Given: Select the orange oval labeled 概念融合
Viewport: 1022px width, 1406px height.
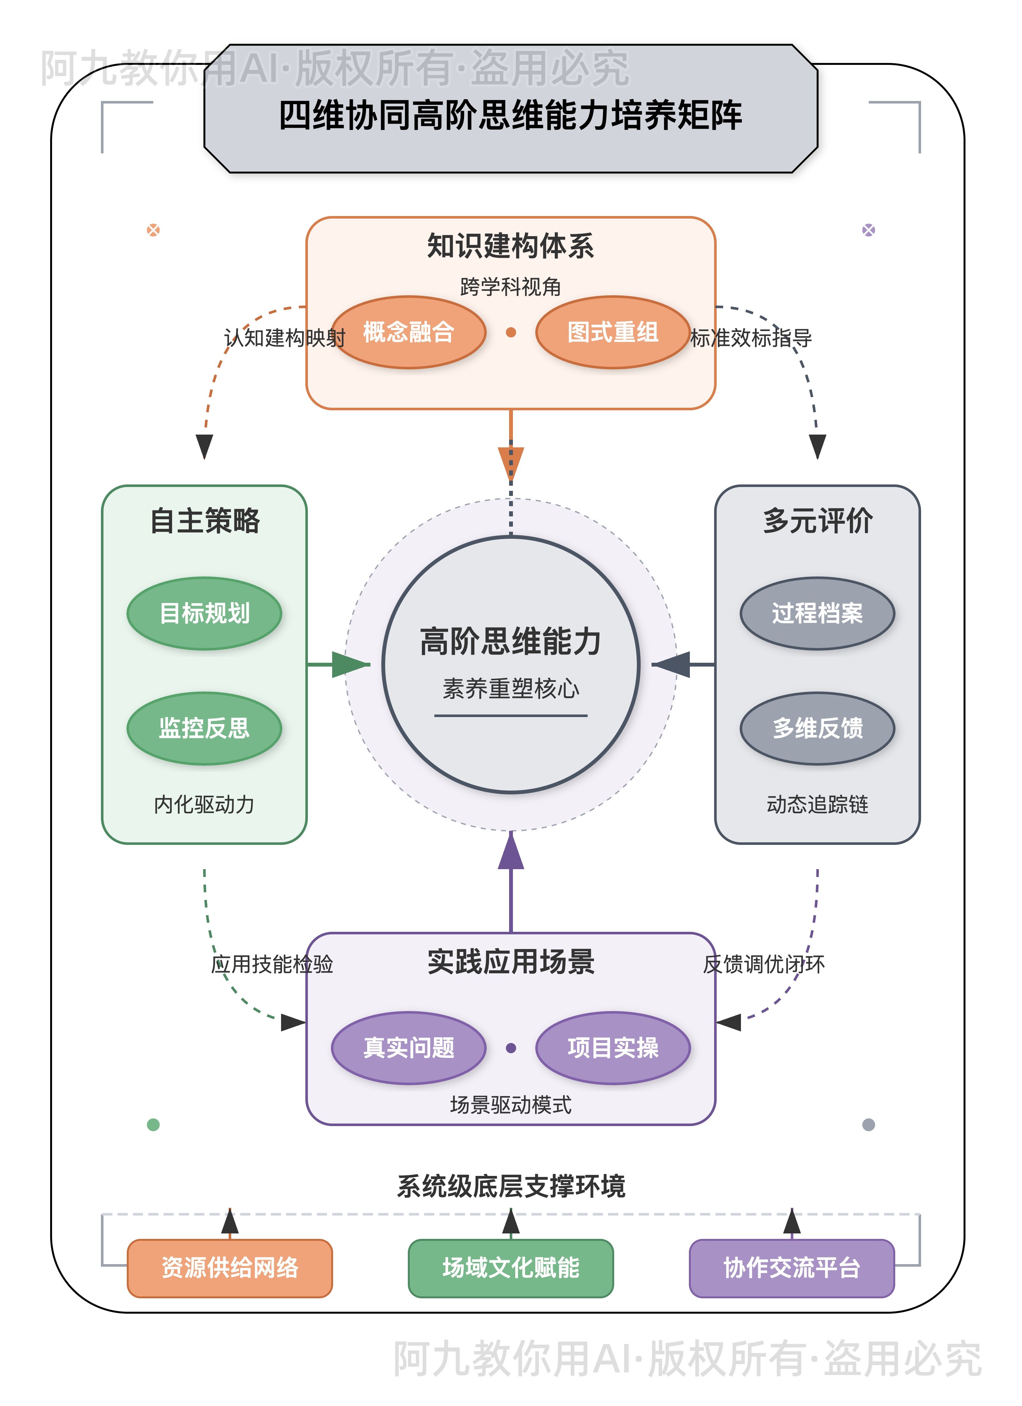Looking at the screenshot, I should tap(408, 332).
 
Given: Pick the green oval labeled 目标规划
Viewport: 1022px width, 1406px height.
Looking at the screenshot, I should tap(204, 613).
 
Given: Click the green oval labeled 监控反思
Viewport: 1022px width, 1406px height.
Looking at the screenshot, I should tap(204, 728).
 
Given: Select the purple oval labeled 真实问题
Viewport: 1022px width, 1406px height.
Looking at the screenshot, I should tap(408, 1048).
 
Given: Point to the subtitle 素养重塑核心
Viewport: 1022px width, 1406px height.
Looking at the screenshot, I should tap(511, 689).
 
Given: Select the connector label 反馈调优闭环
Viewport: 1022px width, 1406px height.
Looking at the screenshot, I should tap(764, 964).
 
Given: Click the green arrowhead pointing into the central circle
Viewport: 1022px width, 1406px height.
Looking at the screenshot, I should tap(350, 665).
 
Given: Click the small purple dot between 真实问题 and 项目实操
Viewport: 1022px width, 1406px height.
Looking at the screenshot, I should tap(511, 1048).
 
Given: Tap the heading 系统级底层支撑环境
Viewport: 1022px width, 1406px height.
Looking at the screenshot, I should tap(511, 1186).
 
